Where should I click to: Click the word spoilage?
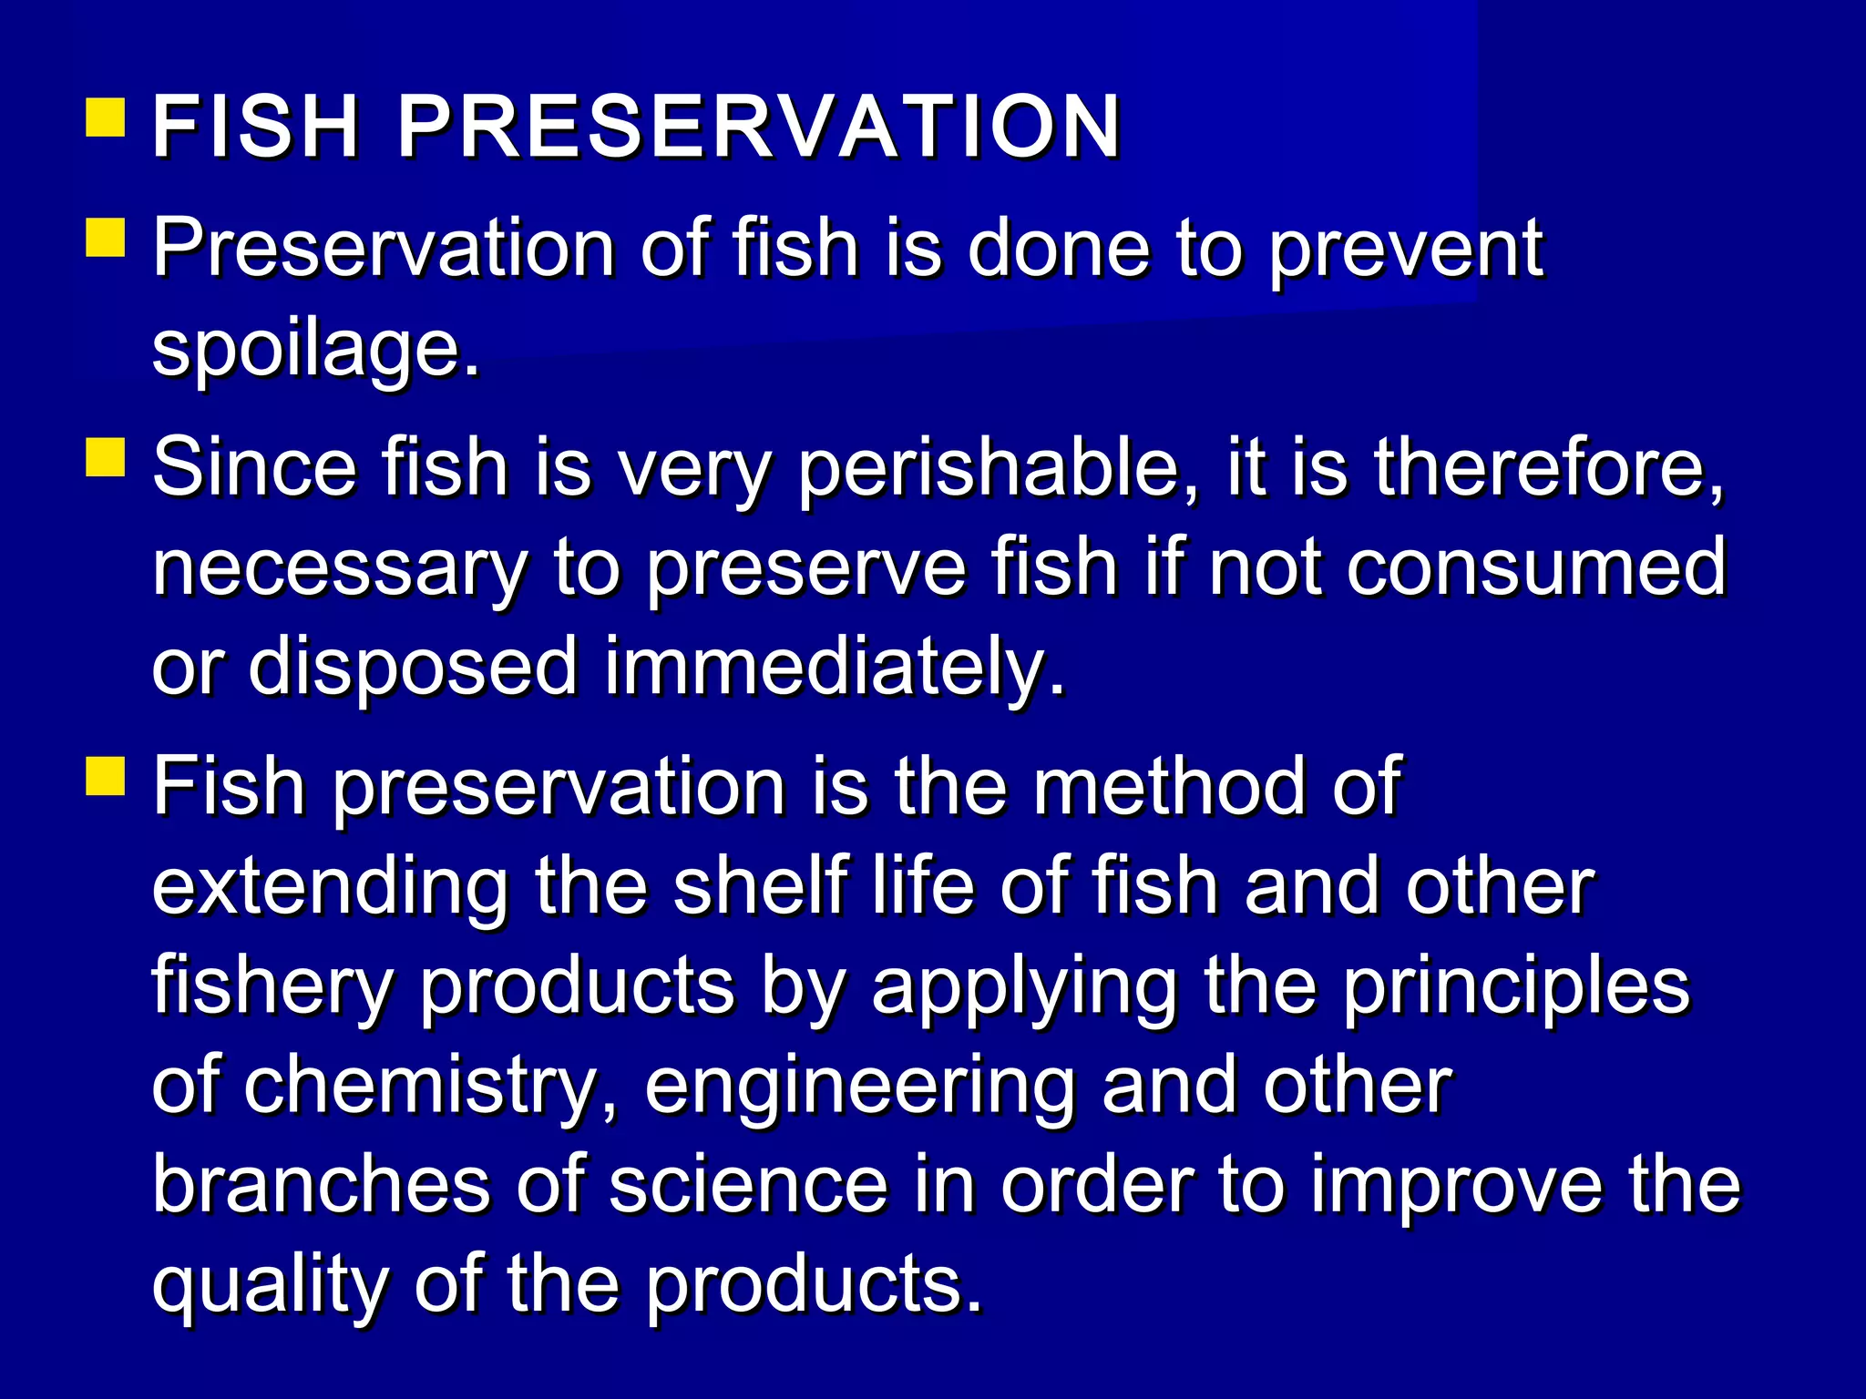click(x=314, y=351)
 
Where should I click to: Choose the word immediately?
click(x=833, y=667)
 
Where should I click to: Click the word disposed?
click(x=413, y=667)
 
